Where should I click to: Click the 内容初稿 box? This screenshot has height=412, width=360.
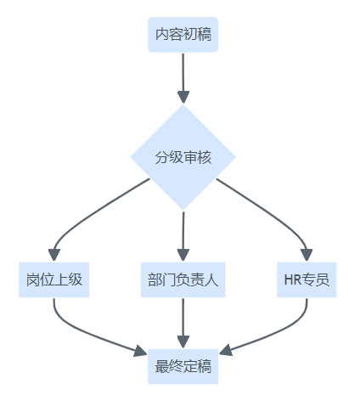click(183, 35)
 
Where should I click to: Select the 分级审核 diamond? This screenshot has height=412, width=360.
click(183, 157)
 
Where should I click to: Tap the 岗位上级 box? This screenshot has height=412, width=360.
click(53, 279)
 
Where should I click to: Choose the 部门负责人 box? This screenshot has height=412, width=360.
click(183, 279)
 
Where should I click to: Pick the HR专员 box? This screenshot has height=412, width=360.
click(307, 279)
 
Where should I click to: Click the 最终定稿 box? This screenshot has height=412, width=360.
click(183, 366)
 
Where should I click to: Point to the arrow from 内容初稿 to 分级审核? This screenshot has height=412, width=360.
click(183, 78)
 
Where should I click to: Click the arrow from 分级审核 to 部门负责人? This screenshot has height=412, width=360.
click(183, 236)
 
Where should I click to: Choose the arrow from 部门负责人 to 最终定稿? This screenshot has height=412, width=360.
click(183, 323)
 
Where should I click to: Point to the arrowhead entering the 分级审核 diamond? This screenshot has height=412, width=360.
click(183, 98)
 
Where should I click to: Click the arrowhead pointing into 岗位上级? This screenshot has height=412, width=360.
click(54, 255)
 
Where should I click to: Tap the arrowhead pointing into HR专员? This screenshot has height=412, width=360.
click(307, 255)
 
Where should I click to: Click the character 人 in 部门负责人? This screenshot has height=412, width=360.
click(211, 279)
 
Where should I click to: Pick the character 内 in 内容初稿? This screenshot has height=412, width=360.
click(162, 34)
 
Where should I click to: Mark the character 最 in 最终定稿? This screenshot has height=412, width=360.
click(162, 366)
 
